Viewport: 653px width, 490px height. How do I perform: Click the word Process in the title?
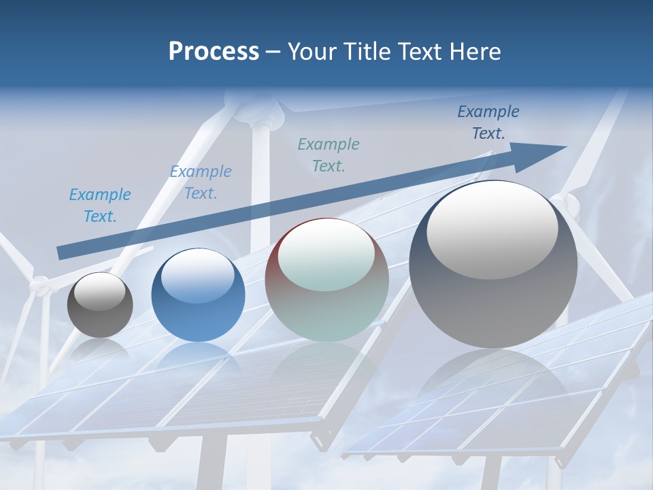pyautogui.click(x=214, y=52)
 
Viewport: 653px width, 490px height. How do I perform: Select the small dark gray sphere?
pyautogui.click(x=100, y=305)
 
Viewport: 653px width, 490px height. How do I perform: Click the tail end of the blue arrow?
pyautogui.click(x=61, y=252)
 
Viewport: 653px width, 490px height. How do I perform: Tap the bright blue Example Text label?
pyautogui.click(x=100, y=206)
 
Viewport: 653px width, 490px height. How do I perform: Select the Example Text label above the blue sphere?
pyautogui.click(x=201, y=182)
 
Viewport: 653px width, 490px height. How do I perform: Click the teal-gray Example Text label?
pyautogui.click(x=329, y=154)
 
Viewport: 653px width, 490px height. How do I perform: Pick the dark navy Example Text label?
pyautogui.click(x=488, y=122)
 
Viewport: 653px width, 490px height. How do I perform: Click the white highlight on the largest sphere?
pyautogui.click(x=492, y=230)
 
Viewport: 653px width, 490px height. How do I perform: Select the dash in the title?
pyautogui.click(x=273, y=52)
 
